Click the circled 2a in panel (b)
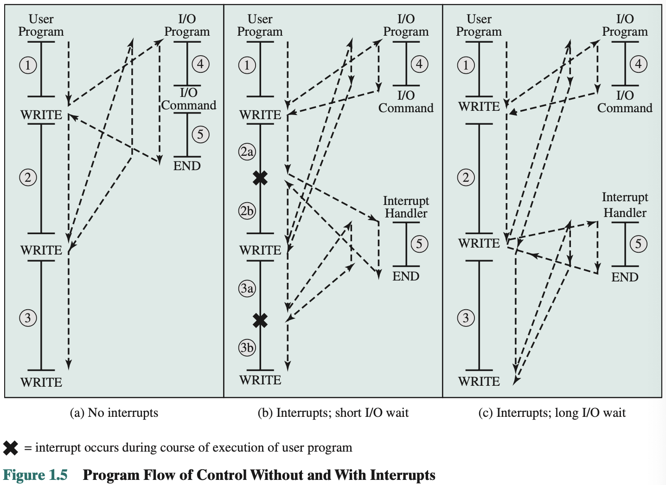[x=247, y=152]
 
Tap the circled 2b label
[x=247, y=211]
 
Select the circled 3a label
[x=247, y=288]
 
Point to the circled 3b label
[x=247, y=348]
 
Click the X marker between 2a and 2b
[x=260, y=178]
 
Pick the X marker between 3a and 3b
[x=260, y=320]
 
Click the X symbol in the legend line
[x=11, y=448]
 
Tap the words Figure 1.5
[x=35, y=475]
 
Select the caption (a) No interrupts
[x=114, y=413]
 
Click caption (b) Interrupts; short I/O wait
[x=333, y=413]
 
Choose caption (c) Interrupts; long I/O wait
[x=552, y=413]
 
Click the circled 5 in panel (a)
[x=200, y=134]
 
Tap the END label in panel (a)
[x=187, y=166]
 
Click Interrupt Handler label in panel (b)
[x=406, y=207]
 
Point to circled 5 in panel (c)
[x=638, y=244]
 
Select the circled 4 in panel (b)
[x=419, y=64]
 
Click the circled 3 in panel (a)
[x=28, y=318]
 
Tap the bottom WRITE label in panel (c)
[x=479, y=382]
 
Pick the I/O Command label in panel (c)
[x=625, y=102]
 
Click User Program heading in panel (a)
[x=41, y=25]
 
